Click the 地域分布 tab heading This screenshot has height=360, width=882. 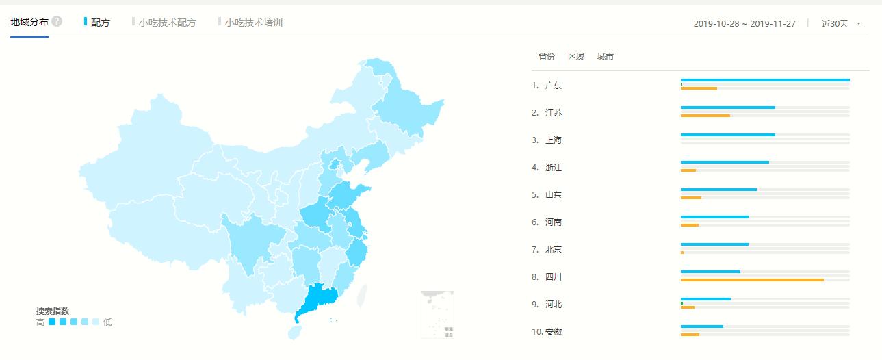click(x=29, y=22)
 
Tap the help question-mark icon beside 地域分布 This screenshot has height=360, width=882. click(x=57, y=21)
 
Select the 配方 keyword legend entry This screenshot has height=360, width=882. click(x=100, y=23)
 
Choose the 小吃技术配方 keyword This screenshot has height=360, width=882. click(x=167, y=23)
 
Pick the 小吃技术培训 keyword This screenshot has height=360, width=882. click(x=253, y=23)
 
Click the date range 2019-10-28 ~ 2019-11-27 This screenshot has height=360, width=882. click(x=744, y=23)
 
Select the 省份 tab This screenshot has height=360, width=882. click(x=547, y=57)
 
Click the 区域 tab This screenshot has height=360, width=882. click(x=576, y=57)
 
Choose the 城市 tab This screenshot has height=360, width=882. click(x=606, y=57)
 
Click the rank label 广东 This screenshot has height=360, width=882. click(x=554, y=86)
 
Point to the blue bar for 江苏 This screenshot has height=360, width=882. click(x=727, y=107)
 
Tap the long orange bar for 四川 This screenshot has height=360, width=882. click(x=752, y=280)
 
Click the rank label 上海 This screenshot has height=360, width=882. click(x=554, y=140)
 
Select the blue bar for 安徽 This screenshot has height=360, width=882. click(x=701, y=326)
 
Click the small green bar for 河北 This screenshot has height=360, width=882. click(x=682, y=303)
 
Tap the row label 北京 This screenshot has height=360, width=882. click(x=554, y=250)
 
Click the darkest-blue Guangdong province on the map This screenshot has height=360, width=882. click(x=317, y=300)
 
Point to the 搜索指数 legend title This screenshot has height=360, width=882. click(x=53, y=311)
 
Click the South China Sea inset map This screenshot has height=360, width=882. click(x=437, y=314)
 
